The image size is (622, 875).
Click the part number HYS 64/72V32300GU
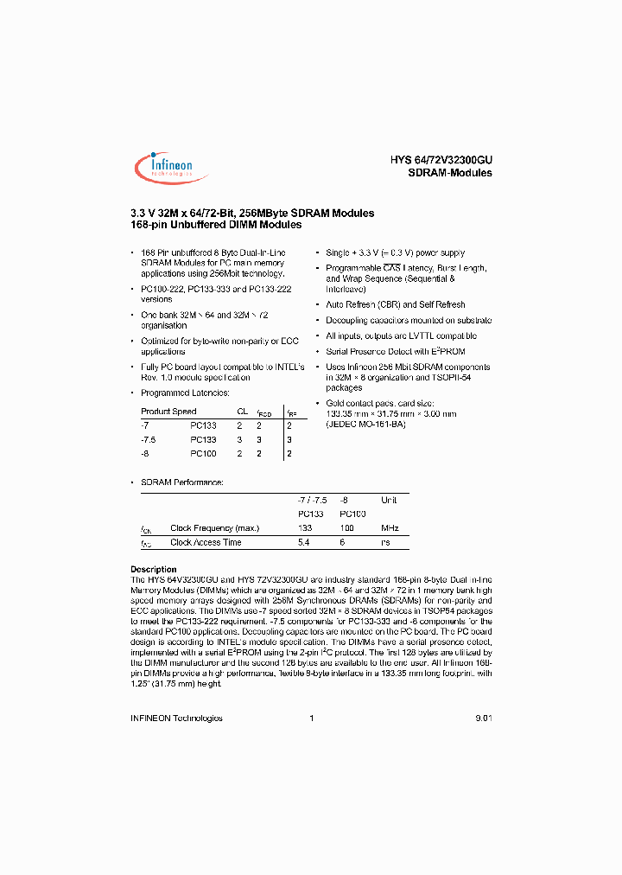(441, 159)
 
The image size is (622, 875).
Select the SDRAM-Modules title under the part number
(449, 173)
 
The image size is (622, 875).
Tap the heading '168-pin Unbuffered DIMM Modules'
(215, 225)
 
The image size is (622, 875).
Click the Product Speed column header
(168, 412)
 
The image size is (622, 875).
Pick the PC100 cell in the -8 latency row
(203, 453)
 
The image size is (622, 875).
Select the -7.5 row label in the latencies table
(149, 439)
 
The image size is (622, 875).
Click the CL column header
(243, 412)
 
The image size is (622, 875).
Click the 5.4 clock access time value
(303, 542)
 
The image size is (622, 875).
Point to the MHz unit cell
(390, 527)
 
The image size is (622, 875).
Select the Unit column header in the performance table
(389, 500)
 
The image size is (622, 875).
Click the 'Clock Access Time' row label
(206, 542)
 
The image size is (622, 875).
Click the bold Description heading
(153, 569)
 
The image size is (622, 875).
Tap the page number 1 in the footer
(311, 718)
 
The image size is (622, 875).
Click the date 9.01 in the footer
(483, 718)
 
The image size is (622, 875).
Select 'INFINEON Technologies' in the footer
(175, 718)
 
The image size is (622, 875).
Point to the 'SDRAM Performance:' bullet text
(181, 481)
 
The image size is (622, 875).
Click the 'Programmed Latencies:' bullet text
(185, 393)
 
